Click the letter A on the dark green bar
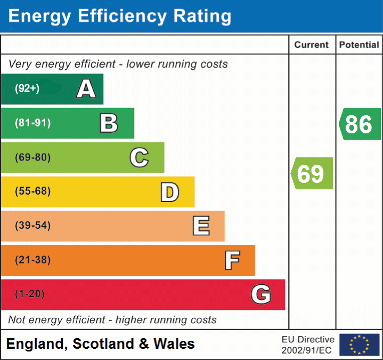coord(86,89)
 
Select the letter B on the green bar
coord(109,123)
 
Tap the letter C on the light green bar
coord(139,157)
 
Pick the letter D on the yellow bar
coord(169,192)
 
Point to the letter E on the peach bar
coord(200,226)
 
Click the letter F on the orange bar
coord(231,260)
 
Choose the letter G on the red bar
coord(260,294)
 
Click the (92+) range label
coord(27,89)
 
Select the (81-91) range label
coord(32,123)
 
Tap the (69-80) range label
coord(32,157)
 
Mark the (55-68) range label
coord(32,191)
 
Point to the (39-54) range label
coord(32,226)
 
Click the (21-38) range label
coord(32,260)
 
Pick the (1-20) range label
coord(30,294)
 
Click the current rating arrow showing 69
coord(312,173)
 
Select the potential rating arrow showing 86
coord(360,124)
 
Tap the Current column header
coord(312,45)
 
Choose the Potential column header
coord(359,45)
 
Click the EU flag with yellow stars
coord(359,345)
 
